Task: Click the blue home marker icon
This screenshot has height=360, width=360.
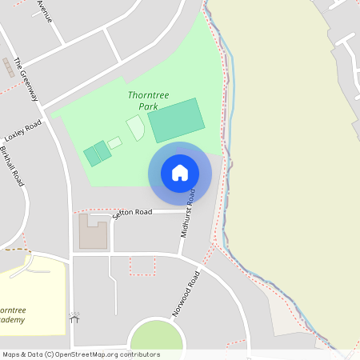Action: [x=180, y=173]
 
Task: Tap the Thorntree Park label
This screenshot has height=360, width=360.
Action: [x=143, y=100]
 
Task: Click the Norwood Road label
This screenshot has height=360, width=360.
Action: [x=185, y=294]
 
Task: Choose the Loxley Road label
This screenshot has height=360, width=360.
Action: [x=22, y=131]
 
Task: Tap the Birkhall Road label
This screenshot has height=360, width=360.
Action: [x=13, y=167]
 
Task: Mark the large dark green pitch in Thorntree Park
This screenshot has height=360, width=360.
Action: [x=176, y=120]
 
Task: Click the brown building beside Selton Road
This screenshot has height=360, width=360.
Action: [x=93, y=232]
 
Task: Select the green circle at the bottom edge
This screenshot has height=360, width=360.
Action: [x=156, y=336]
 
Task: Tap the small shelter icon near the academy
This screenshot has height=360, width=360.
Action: [x=75, y=318]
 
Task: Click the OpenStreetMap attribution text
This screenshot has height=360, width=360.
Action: [x=80, y=354]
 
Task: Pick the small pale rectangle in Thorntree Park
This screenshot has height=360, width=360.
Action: [x=115, y=142]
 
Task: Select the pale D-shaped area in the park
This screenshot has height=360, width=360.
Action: [x=136, y=128]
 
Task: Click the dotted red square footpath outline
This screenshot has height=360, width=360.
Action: [x=142, y=266]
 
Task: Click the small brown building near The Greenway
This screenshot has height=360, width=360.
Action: [x=11, y=66]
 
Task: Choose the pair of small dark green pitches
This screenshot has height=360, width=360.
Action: [x=97, y=152]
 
